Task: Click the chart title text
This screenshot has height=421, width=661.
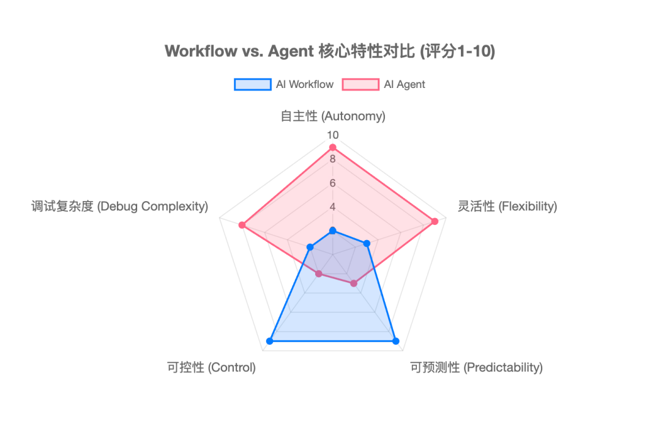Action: (330, 51)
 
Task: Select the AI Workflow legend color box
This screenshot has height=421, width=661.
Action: (252, 84)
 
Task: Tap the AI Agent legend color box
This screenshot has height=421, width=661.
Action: (360, 84)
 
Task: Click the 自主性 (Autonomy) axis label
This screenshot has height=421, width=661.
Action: (333, 116)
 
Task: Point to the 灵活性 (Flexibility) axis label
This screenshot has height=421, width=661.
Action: (507, 206)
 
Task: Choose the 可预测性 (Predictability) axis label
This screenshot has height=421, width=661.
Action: (476, 367)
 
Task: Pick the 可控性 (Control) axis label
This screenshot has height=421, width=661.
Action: (211, 367)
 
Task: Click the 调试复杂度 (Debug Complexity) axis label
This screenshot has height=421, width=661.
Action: (120, 206)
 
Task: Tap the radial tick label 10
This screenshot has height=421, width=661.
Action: (332, 135)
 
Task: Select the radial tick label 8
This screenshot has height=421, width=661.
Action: (332, 159)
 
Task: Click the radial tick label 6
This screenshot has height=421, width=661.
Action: (332, 183)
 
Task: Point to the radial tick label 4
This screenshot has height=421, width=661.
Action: (332, 207)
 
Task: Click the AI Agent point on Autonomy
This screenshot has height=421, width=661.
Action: (332, 147)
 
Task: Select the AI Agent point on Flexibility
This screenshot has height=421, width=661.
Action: (435, 221)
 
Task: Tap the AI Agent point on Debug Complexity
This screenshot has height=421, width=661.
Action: (242, 225)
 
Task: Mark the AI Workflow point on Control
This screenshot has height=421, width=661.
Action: (269, 341)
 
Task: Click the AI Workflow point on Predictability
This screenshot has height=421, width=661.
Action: (395, 341)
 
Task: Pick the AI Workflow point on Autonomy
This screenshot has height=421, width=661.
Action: (332, 230)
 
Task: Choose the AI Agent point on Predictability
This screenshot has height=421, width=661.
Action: (354, 284)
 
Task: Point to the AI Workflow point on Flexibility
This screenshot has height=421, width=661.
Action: (367, 244)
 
